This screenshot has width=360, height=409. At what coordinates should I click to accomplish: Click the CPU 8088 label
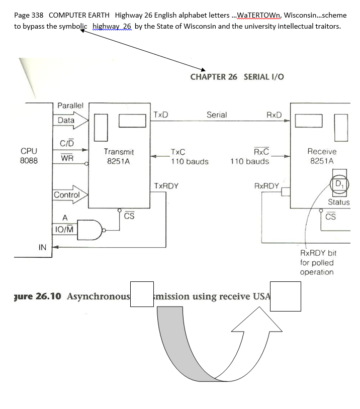click(x=29, y=156)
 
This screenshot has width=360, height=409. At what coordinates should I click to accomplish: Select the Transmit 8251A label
click(x=119, y=156)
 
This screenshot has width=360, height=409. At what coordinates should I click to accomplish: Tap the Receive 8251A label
click(x=322, y=156)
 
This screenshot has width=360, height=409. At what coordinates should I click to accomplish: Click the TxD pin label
click(x=160, y=115)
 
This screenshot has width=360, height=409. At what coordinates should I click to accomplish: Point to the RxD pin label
click(x=274, y=115)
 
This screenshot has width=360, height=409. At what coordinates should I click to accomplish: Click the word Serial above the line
click(x=217, y=115)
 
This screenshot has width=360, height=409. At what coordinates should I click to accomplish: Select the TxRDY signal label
click(x=166, y=186)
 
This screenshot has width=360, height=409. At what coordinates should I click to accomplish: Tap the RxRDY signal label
click(x=266, y=186)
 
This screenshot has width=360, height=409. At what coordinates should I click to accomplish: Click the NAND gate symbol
click(x=91, y=230)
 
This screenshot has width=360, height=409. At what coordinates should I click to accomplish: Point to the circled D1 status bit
click(x=339, y=184)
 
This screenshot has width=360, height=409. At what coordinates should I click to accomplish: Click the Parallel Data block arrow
click(x=71, y=120)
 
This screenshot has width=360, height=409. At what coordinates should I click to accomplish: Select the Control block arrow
click(x=70, y=194)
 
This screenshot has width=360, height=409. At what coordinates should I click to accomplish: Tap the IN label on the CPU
click(x=42, y=247)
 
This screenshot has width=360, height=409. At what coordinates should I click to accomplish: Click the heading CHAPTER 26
click(x=214, y=77)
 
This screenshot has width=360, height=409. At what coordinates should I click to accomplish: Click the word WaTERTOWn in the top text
click(x=259, y=15)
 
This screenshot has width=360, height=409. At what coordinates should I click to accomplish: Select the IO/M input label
click(x=64, y=229)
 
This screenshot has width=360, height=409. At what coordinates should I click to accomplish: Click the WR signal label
click(x=67, y=158)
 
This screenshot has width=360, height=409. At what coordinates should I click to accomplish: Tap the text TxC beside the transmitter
click(x=178, y=152)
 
